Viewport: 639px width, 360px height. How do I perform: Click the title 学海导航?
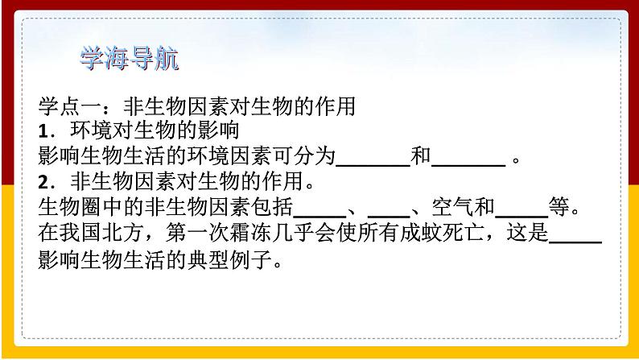coord(130,59)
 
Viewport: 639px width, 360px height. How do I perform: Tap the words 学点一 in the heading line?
coord(70,106)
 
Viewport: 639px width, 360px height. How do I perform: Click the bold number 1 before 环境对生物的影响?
coord(43,131)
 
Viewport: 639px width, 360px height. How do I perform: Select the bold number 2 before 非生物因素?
coord(43,182)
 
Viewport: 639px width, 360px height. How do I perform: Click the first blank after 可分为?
coord(373,165)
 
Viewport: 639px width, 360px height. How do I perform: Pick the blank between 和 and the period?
coord(468,165)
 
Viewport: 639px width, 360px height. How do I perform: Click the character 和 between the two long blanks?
coord(421,155)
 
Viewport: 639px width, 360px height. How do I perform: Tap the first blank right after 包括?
coord(319,216)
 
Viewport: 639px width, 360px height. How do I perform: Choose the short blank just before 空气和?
coord(389,216)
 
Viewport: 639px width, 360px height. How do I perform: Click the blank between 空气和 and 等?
coord(522,216)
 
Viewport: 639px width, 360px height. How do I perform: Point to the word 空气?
coord(453,207)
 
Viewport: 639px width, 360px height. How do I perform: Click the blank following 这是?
coord(575,242)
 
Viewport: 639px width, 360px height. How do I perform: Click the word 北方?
coord(122,233)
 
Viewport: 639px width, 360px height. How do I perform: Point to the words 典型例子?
coord(229,259)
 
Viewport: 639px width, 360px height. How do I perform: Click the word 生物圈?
coord(70,207)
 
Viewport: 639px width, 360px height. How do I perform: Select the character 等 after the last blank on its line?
coord(559,207)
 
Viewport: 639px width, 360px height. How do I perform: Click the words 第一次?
coord(197,233)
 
